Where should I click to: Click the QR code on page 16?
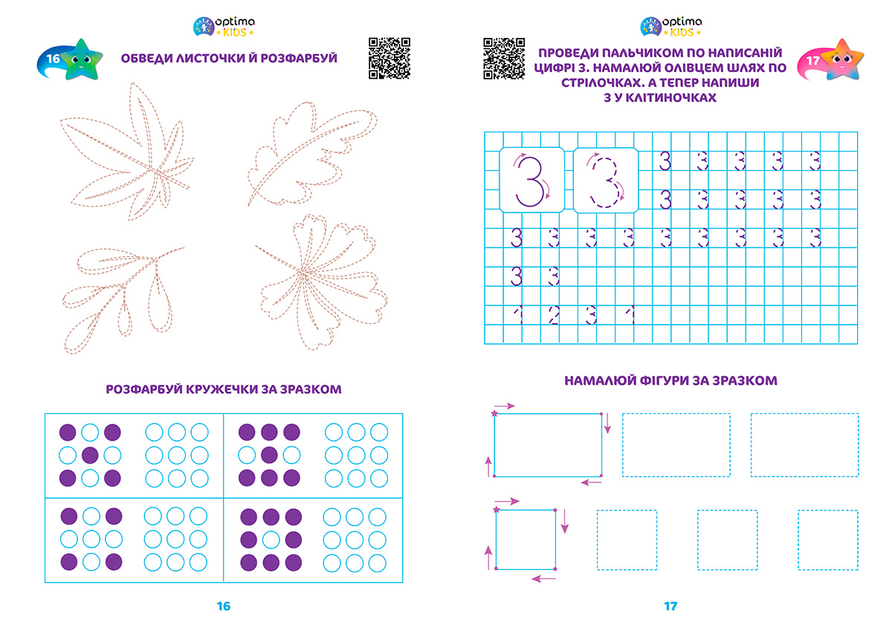click(390, 58)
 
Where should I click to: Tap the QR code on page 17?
click(504, 58)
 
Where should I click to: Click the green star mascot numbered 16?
click(81, 59)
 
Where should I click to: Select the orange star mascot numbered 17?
click(843, 59)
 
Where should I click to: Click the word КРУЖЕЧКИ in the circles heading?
click(222, 389)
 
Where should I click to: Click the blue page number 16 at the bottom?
click(223, 606)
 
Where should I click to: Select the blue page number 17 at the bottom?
click(671, 606)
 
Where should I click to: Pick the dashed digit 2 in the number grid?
click(554, 315)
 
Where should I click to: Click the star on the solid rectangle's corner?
click(494, 413)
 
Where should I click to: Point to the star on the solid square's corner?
click(497, 510)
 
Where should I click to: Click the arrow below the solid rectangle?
click(591, 482)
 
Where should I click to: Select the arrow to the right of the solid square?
click(564, 521)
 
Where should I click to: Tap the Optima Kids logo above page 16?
click(224, 26)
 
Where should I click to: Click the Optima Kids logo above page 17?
click(671, 26)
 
